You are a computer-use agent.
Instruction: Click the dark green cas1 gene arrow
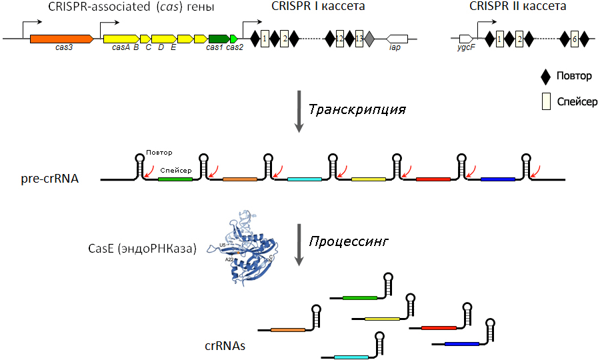point(219,39)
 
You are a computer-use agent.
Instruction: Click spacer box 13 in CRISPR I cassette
point(359,38)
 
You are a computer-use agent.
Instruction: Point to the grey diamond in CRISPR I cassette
point(369,39)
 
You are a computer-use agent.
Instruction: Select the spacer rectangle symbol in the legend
point(546,101)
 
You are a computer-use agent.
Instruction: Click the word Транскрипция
point(357,109)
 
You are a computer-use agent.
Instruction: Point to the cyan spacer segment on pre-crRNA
point(305,179)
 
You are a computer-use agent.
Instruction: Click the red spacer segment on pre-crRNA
point(433,179)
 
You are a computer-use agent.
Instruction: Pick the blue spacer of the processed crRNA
point(462,344)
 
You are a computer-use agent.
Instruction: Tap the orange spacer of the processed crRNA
point(288,329)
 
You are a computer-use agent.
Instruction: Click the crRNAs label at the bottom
point(225,346)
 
